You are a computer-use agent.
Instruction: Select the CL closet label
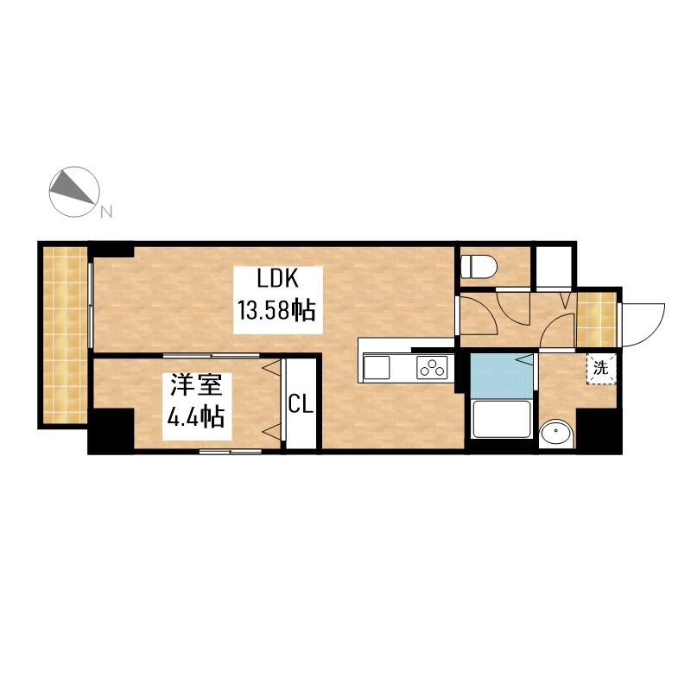tap(301, 404)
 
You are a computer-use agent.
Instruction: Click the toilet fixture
tap(479, 267)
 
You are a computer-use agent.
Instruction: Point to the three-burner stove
tap(432, 368)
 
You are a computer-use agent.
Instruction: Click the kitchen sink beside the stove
tap(377, 368)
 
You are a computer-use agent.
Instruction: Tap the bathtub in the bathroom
tap(502, 419)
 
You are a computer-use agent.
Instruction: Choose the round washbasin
tap(556, 434)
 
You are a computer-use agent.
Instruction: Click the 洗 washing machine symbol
tap(601, 368)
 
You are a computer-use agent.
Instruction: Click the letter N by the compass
tap(106, 212)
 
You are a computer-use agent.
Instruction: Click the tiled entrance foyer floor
tap(596, 320)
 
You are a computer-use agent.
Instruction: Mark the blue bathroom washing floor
tap(502, 375)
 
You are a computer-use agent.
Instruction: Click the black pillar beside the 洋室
tap(111, 431)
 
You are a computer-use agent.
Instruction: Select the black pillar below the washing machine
tap(599, 431)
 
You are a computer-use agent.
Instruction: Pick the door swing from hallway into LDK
tap(479, 314)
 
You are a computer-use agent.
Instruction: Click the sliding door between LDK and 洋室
tap(211, 355)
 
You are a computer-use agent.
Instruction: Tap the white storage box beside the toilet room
tap(554, 267)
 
